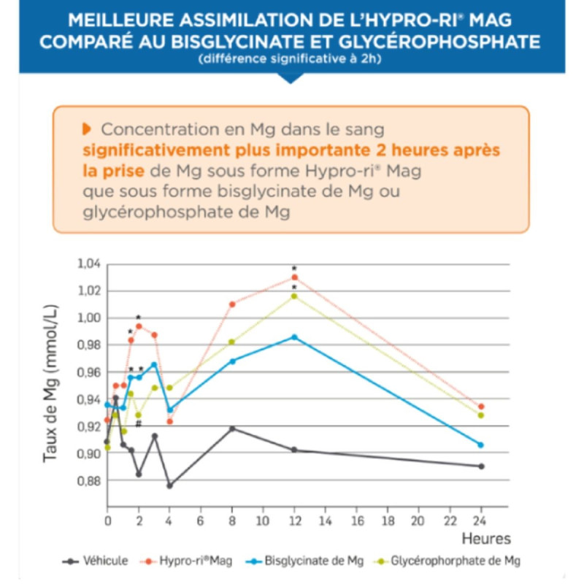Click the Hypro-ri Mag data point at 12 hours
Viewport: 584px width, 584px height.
click(x=294, y=277)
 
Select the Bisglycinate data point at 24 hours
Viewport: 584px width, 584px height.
click(x=480, y=445)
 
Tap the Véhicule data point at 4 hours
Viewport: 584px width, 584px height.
click(x=169, y=485)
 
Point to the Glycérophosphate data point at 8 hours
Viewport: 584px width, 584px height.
click(x=232, y=342)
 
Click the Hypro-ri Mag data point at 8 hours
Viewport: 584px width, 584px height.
click(x=232, y=304)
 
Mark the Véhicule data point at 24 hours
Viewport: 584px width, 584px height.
click(x=480, y=466)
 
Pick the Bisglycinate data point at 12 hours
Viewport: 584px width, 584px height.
click(x=294, y=337)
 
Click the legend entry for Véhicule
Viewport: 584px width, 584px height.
click(x=95, y=561)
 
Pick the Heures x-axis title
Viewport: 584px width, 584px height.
click(x=485, y=538)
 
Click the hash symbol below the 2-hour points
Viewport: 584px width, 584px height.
click(x=138, y=424)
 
